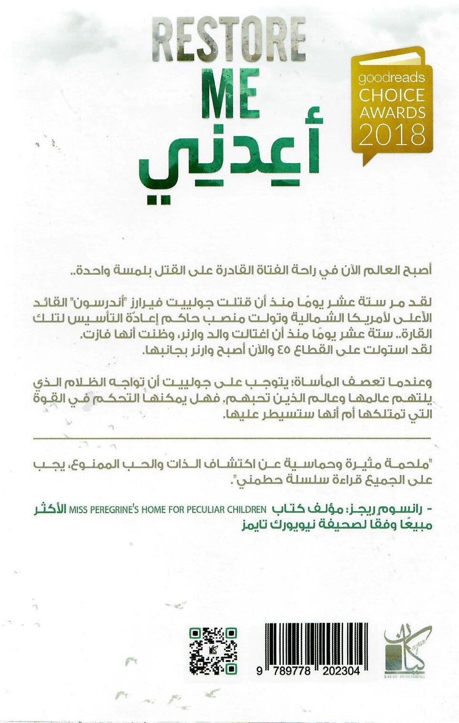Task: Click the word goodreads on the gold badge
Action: click(391, 78)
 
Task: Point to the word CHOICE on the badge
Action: click(391, 95)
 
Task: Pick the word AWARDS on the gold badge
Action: click(392, 113)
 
